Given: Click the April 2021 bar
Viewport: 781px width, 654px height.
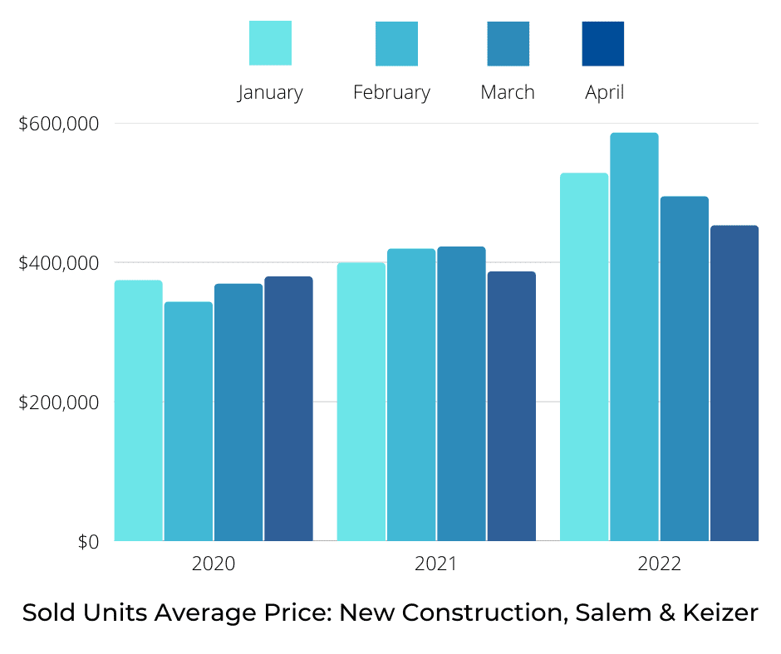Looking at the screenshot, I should pyautogui.click(x=511, y=407).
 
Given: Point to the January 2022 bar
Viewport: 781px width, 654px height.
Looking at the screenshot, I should pyautogui.click(x=584, y=357).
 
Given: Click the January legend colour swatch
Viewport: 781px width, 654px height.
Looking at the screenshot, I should pyautogui.click(x=271, y=43).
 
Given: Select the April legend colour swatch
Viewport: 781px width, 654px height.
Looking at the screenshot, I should pyautogui.click(x=603, y=43).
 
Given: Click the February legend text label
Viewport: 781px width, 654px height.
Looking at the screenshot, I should pyautogui.click(x=391, y=92).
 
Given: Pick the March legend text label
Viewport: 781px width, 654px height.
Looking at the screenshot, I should pyautogui.click(x=508, y=92).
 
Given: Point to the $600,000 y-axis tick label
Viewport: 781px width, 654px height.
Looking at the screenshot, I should pyautogui.click(x=59, y=124).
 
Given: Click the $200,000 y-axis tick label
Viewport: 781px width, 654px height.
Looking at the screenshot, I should pyautogui.click(x=59, y=403).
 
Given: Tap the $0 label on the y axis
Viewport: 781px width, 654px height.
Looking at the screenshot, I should pyautogui.click(x=89, y=542).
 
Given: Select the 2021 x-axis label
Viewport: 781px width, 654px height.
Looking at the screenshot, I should pyautogui.click(x=436, y=564).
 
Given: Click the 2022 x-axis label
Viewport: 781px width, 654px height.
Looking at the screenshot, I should pyautogui.click(x=659, y=564).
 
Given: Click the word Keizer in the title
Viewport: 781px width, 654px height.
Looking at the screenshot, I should pyautogui.click(x=721, y=613).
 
